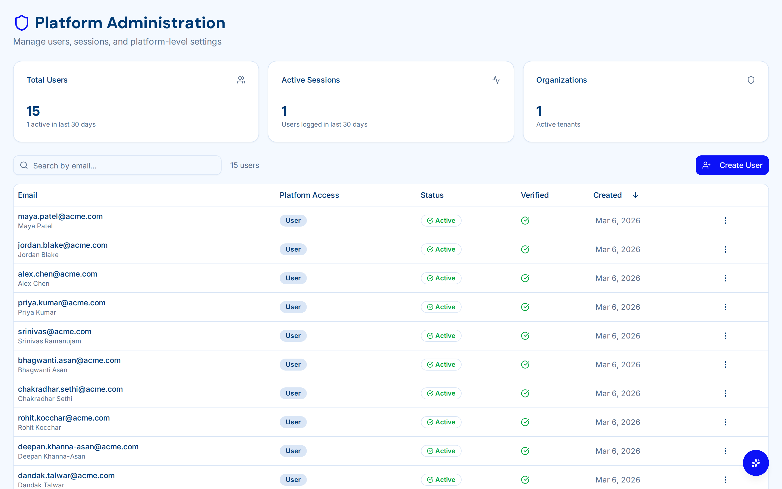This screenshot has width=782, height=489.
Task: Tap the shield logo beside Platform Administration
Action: pos(22,23)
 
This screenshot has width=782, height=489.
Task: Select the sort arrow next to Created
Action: pos(635,195)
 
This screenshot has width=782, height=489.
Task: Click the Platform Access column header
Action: pos(309,195)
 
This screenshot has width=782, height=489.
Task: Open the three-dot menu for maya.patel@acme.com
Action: pos(725,221)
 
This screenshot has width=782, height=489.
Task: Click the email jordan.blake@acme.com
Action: pos(63,245)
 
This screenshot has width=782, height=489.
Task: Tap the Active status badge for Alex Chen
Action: pos(441,278)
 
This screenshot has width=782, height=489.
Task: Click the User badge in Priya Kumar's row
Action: pos(293,307)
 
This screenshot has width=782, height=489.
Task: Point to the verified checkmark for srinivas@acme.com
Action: pos(525,336)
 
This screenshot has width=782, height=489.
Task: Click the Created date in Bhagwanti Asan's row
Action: pos(617,365)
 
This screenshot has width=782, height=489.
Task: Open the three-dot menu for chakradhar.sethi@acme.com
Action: pos(725,393)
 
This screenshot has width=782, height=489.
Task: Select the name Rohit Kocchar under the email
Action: pos(39,428)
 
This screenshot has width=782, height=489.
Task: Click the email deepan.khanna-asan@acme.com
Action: pos(78,447)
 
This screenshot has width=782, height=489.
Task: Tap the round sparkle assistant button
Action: pos(755,463)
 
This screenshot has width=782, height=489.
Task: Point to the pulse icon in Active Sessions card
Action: pos(496,80)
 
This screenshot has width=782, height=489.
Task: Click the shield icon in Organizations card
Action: pos(751,80)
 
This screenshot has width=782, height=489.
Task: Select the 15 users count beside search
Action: pos(245,165)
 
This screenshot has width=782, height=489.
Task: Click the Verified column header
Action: pos(534,195)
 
